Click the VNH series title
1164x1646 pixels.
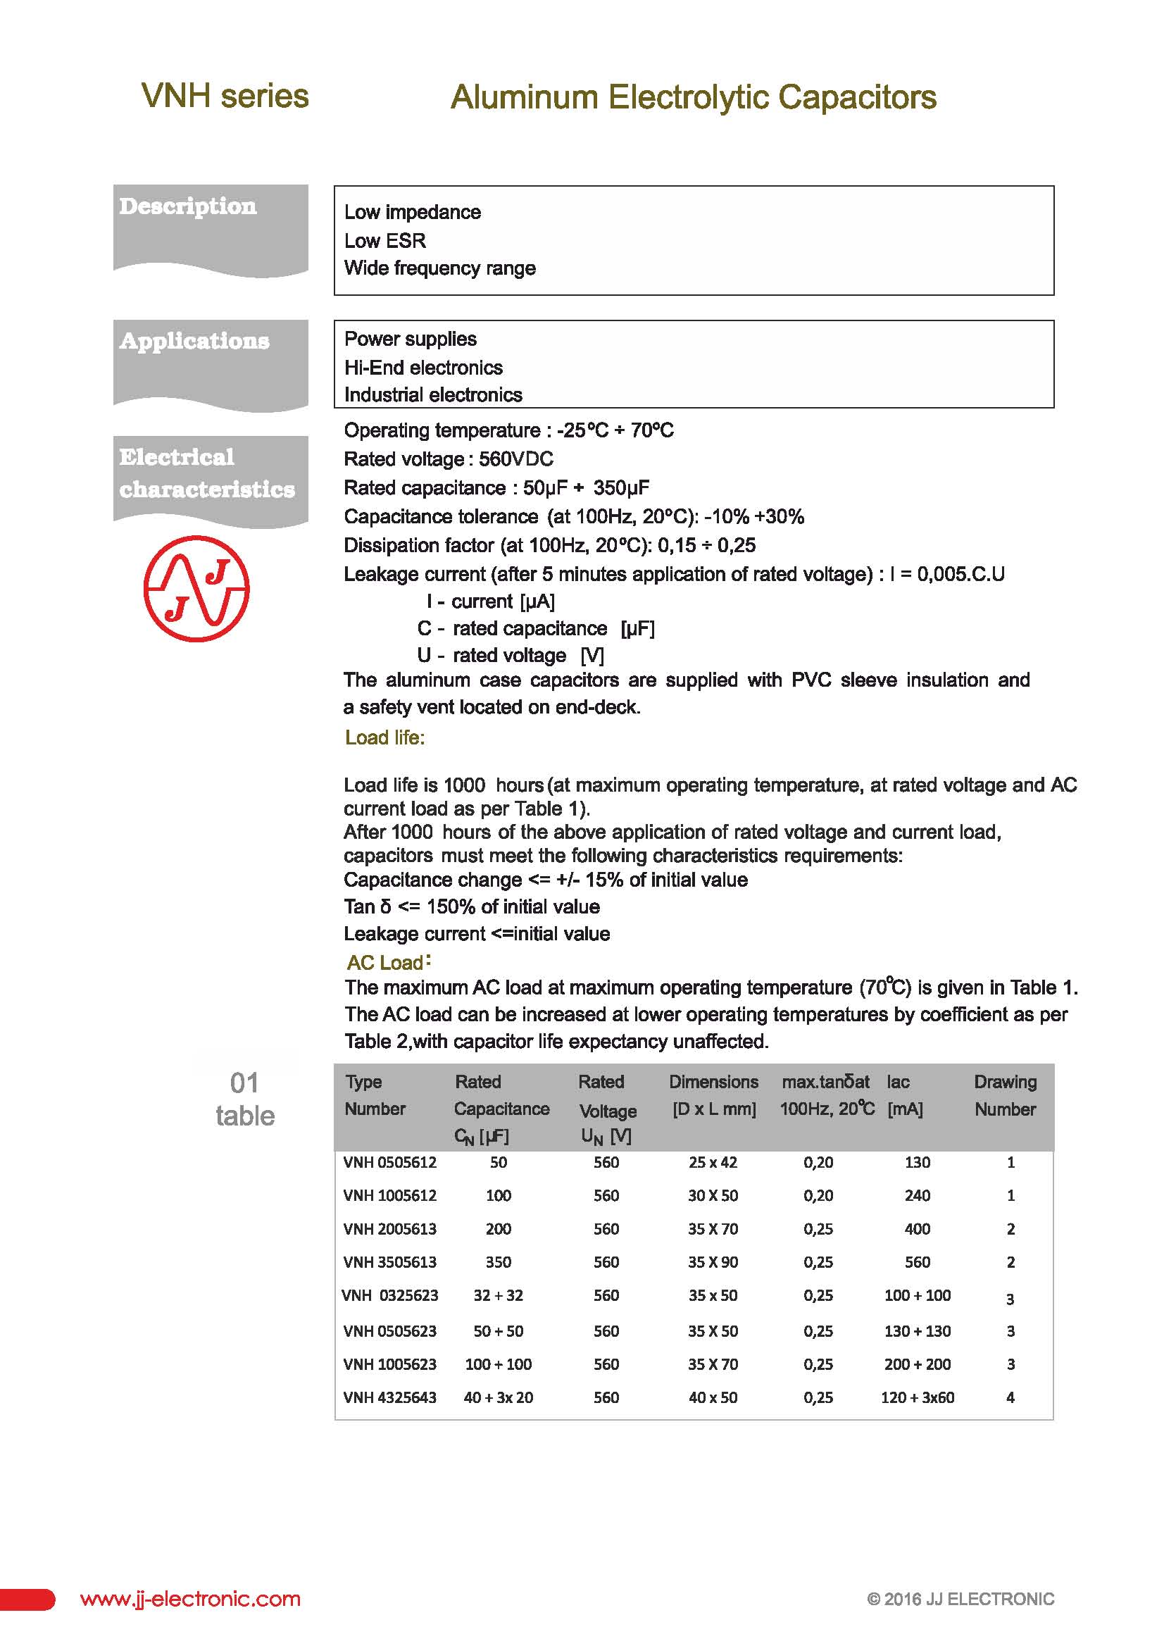coord(225,96)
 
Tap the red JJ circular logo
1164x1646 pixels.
coord(196,589)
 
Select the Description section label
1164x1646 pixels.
coord(188,206)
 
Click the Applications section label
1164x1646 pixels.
coord(194,341)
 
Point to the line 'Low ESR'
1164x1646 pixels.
coord(385,241)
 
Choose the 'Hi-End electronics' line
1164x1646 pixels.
coord(423,368)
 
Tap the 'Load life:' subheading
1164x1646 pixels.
coord(385,737)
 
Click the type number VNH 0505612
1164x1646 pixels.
coord(390,1162)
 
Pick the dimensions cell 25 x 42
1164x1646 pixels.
coord(713,1162)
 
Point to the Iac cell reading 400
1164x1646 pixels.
coord(917,1229)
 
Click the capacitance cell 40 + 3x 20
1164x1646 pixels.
coord(498,1397)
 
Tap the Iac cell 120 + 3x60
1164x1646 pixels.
coord(918,1397)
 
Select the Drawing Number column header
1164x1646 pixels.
coord(1005,1095)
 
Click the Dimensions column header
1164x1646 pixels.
coord(714,1095)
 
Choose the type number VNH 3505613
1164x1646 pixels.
coord(390,1261)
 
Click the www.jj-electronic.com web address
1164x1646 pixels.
coord(191,1600)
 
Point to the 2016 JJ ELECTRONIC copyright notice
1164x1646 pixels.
coord(960,1600)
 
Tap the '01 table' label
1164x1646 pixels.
coord(245,1099)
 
